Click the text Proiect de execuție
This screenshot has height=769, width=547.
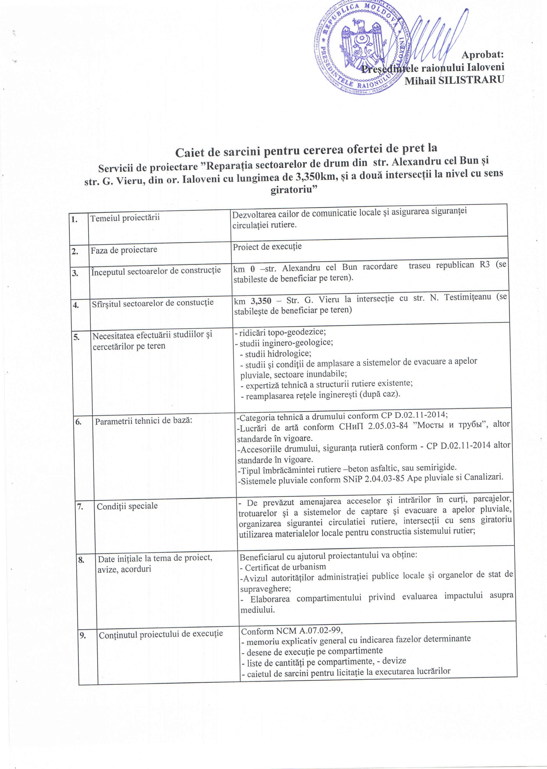pos(267,246)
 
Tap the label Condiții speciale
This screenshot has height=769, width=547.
pos(127,506)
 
